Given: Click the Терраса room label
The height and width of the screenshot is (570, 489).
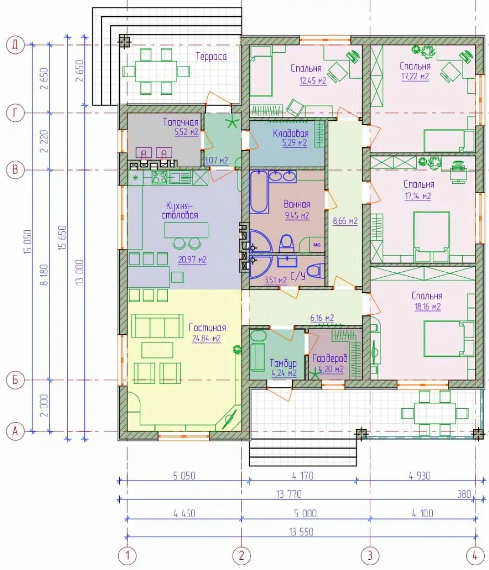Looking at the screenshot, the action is click(x=211, y=56).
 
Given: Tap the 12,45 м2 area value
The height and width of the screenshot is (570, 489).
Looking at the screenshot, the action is click(x=312, y=81).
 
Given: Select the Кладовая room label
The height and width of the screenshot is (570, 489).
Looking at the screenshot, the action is click(x=290, y=133).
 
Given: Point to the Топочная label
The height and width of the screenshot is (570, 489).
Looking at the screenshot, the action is click(x=180, y=122).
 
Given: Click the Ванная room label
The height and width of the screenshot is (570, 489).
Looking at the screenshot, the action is click(x=297, y=204).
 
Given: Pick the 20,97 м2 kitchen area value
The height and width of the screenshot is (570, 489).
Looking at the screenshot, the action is click(x=192, y=260).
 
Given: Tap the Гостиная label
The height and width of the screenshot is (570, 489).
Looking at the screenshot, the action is click(x=207, y=328).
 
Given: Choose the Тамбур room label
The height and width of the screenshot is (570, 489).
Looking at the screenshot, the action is click(x=283, y=363).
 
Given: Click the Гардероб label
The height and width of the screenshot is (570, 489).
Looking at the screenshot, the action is click(x=330, y=359).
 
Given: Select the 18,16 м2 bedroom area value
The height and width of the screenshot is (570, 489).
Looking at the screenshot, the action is click(x=427, y=307).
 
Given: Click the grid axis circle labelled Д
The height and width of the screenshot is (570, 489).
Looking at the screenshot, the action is click(x=15, y=45).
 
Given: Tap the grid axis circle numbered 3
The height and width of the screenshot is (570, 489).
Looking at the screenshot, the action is click(x=370, y=555).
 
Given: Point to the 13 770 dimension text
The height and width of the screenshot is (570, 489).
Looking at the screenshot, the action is click(x=289, y=494).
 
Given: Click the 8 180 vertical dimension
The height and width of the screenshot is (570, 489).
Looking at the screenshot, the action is click(x=44, y=275).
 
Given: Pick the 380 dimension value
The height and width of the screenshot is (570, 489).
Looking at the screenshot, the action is click(x=464, y=494).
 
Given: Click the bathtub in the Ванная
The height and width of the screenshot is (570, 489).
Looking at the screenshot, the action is click(x=259, y=192).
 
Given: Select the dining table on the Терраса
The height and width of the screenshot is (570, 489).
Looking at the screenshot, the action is click(x=156, y=71).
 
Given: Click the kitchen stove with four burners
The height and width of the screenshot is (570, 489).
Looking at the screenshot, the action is click(x=159, y=177).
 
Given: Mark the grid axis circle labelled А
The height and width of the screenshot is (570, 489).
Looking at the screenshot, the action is click(x=15, y=431).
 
